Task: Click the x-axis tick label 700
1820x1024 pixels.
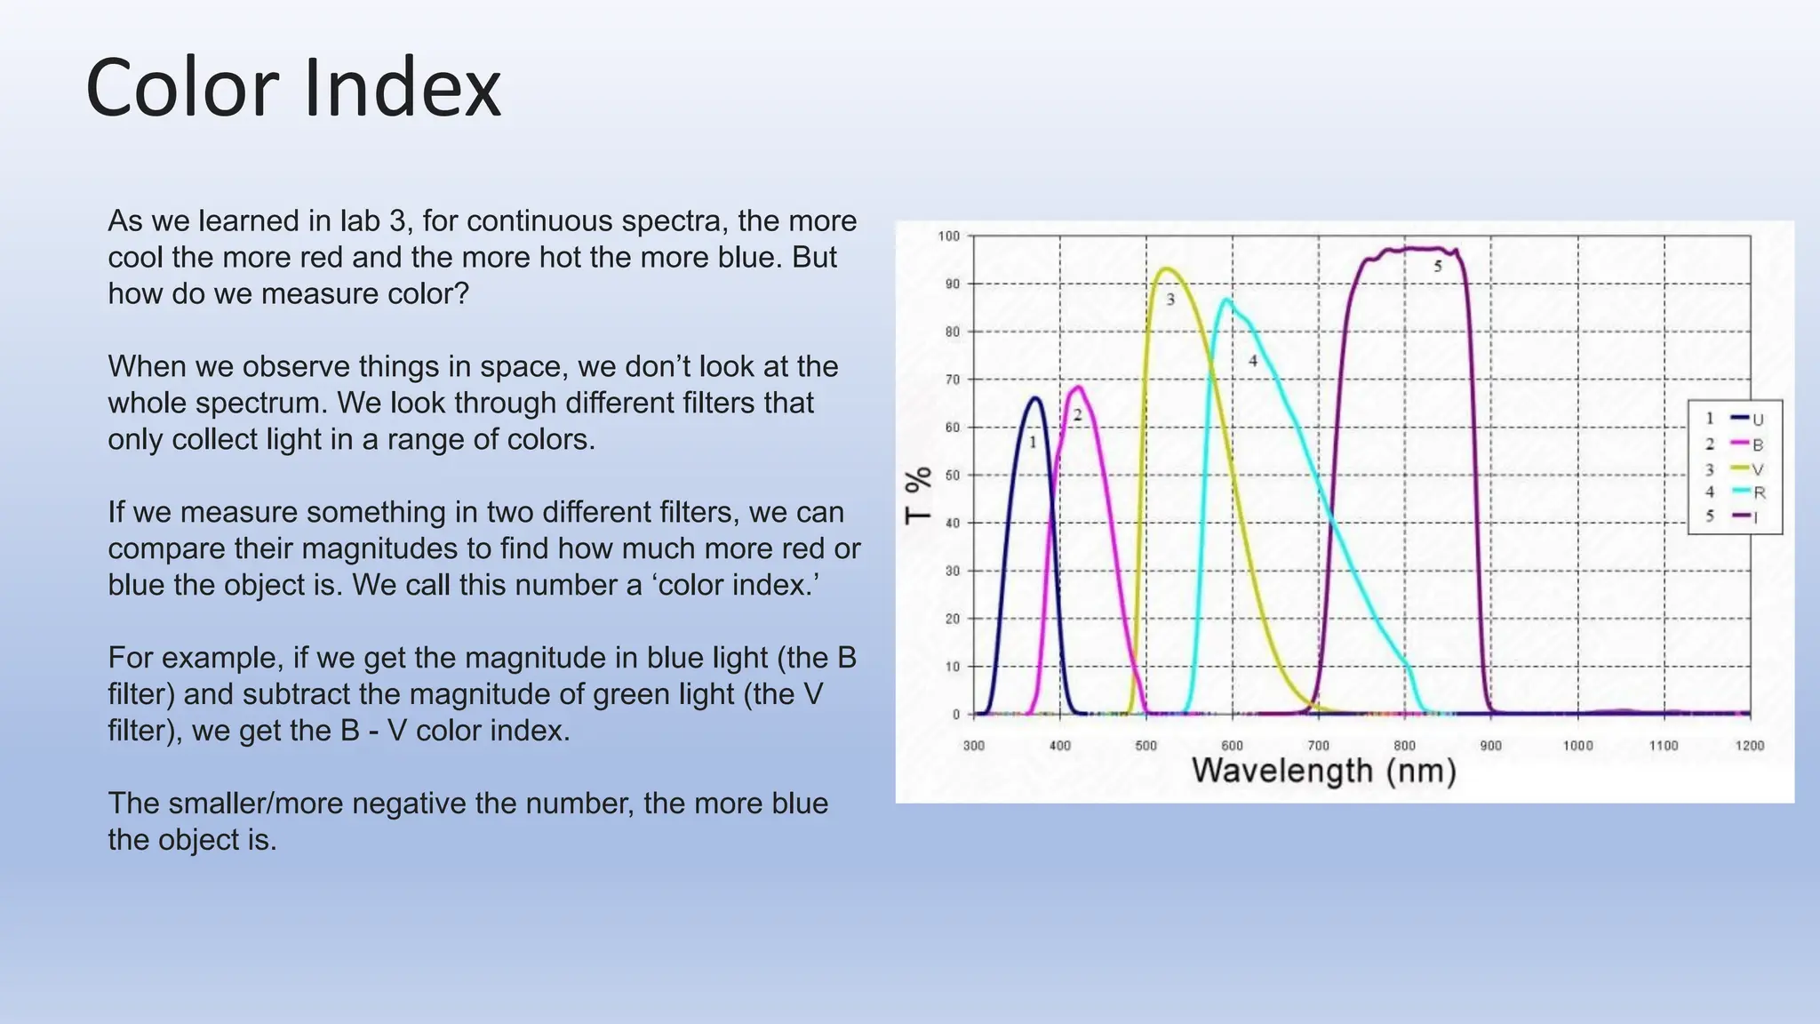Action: (x=1318, y=746)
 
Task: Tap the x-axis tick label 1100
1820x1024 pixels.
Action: (x=1664, y=746)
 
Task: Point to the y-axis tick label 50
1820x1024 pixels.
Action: (x=953, y=476)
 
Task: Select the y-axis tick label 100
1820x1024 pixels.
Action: (x=949, y=236)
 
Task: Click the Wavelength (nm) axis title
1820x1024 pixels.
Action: (x=1323, y=771)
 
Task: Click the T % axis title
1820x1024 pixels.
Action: (x=919, y=495)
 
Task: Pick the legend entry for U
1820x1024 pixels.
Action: (x=1747, y=420)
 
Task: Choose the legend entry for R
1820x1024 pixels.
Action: (x=1747, y=492)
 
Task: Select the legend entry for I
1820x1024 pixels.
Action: (x=1745, y=516)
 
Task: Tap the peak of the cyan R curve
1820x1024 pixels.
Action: (x=1227, y=300)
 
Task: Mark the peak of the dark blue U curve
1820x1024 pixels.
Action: (x=1035, y=398)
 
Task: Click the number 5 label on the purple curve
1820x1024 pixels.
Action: (x=1438, y=266)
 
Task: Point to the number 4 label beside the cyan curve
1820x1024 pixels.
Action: (x=1253, y=361)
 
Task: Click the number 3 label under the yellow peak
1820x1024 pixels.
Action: (x=1170, y=300)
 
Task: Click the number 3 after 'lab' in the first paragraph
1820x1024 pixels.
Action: (x=397, y=220)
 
